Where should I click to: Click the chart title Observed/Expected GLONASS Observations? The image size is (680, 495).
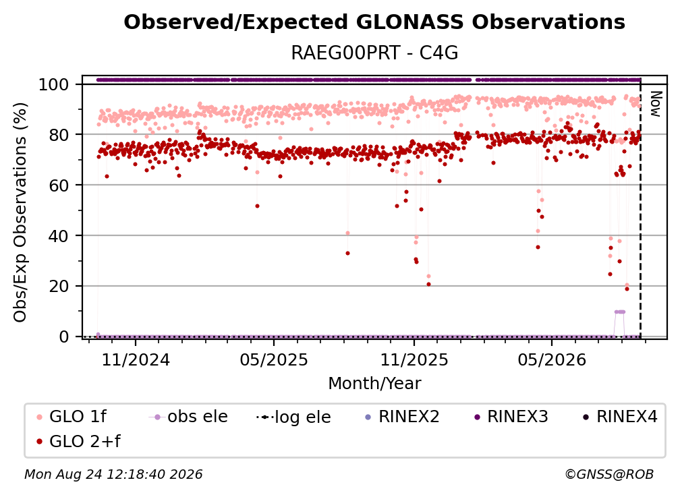pyautogui.click(x=374, y=22)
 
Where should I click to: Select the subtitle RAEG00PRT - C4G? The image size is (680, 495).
pyautogui.click(x=374, y=53)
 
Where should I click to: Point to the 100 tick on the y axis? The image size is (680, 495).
pyautogui.click(x=54, y=84)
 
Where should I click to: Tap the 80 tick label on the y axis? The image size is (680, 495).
pyautogui.click(x=59, y=135)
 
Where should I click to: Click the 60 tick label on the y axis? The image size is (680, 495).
pyautogui.click(x=59, y=185)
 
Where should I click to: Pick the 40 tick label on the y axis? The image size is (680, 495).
pyautogui.click(x=59, y=236)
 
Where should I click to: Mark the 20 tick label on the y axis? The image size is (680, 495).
pyautogui.click(x=59, y=287)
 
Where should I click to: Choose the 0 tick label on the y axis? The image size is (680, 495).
pyautogui.click(x=64, y=337)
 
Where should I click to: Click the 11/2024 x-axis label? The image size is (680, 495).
pyautogui.click(x=136, y=359)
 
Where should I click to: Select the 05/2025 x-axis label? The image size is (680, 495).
pyautogui.click(x=274, y=359)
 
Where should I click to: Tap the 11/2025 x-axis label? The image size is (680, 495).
pyautogui.click(x=414, y=359)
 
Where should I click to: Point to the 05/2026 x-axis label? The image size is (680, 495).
pyautogui.click(x=552, y=359)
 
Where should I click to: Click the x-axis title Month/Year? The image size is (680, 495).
pyautogui.click(x=374, y=383)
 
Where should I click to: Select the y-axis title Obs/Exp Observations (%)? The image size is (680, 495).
pyautogui.click(x=20, y=212)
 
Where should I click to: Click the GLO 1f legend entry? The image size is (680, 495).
pyautogui.click(x=72, y=417)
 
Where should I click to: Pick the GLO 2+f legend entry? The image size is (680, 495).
pyautogui.click(x=78, y=441)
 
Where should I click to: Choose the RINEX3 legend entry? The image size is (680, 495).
pyautogui.click(x=511, y=417)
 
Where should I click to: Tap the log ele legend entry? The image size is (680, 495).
pyautogui.click(x=293, y=417)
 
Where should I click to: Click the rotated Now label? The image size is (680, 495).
pyautogui.click(x=655, y=104)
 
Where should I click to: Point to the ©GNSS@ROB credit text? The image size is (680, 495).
pyautogui.click(x=609, y=474)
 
